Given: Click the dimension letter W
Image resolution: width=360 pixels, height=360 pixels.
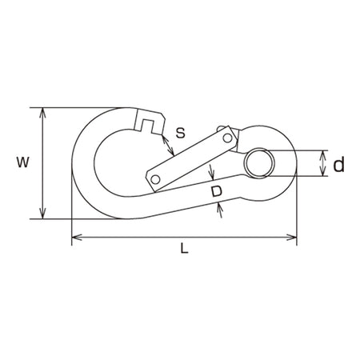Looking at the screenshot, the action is pos(22,162).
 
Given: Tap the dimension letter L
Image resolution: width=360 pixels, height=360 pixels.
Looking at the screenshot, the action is pos(184,248).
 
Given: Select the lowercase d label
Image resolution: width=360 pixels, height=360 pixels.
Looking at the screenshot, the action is pos(339,164).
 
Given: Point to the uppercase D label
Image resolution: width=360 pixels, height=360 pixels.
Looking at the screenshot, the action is pos(217,191).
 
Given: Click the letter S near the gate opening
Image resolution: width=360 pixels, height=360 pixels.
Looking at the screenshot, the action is pos(181,132).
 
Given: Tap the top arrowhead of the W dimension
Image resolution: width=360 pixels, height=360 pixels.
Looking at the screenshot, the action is pos(42,113).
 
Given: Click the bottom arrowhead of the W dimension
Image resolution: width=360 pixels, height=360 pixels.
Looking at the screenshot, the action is pos(42,214).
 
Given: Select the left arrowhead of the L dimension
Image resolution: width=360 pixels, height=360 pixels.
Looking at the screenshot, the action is pos(77,237).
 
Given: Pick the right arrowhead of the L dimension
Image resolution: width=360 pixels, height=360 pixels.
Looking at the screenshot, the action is pos(291,237).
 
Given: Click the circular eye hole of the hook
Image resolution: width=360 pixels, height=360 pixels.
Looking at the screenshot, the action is pos(260,163).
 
